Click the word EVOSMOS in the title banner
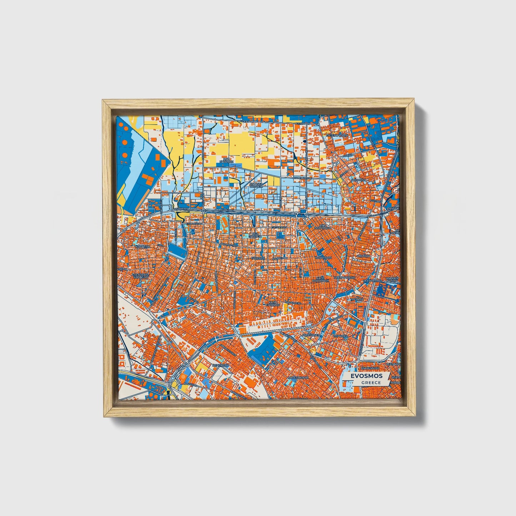366,376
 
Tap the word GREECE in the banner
371,382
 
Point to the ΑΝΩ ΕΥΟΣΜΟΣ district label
226,160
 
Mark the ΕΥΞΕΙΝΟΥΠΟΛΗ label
337,136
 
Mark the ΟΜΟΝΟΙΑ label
364,256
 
